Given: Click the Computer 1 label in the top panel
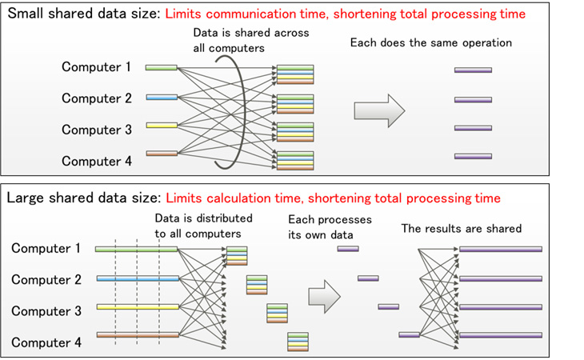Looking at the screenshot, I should tap(96, 67).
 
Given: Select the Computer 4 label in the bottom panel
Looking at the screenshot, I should tap(46, 343).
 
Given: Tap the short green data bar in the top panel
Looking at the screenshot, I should tap(161, 68).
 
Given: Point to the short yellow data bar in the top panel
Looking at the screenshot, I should tap(161, 126).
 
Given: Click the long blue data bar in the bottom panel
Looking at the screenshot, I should tap(136, 279).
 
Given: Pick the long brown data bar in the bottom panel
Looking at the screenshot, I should tap(136, 335).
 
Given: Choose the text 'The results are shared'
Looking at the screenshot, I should tap(461, 229).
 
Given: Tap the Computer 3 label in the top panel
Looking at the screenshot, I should tap(96, 130).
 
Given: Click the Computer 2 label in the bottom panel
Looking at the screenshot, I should tap(46, 280).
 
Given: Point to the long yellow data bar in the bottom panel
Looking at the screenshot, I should tap(136, 307).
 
